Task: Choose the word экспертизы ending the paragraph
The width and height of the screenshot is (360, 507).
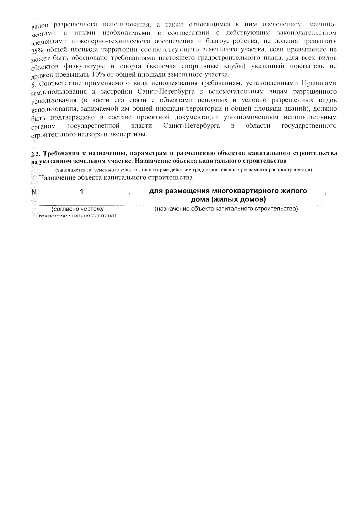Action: point(131,134)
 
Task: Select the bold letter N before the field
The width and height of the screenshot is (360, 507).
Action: point(33,192)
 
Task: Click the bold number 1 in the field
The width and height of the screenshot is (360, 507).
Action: point(82,191)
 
